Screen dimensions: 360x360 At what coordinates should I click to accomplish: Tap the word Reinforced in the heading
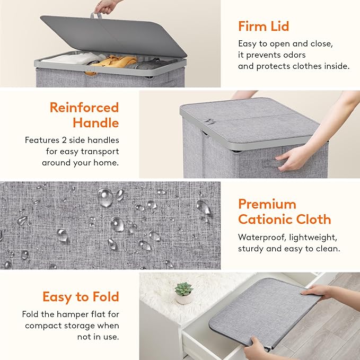[84, 108]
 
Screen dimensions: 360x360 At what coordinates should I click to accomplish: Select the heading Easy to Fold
[81, 297]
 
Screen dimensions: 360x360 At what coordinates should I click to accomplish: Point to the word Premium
[267, 204]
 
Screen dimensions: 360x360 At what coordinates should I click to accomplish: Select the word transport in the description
[101, 151]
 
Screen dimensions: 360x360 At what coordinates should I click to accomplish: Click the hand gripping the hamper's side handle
[293, 159]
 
